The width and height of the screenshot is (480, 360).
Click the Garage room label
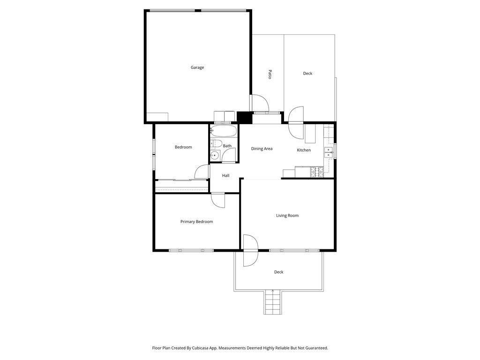tap(197, 67)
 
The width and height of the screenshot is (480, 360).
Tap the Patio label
tap(270, 75)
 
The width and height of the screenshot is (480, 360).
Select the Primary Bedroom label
tap(196, 222)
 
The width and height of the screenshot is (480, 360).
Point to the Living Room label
tap(287, 216)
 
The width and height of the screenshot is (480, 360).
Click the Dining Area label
tap(262, 149)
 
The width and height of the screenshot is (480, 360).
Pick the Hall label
tap(225, 175)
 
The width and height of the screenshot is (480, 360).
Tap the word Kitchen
tap(304, 150)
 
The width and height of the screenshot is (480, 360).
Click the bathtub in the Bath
tap(224, 131)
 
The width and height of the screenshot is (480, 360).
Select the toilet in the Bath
tap(216, 143)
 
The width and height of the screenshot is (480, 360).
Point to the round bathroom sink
tap(215, 156)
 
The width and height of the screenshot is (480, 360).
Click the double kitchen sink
tap(329, 152)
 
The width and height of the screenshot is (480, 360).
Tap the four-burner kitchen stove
tap(317, 172)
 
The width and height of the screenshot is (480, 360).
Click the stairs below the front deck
tap(272, 302)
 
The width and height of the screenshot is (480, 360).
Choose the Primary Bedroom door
tap(217, 200)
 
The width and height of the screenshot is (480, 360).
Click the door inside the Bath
tap(228, 155)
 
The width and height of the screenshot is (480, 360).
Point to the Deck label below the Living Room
tap(278, 272)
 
